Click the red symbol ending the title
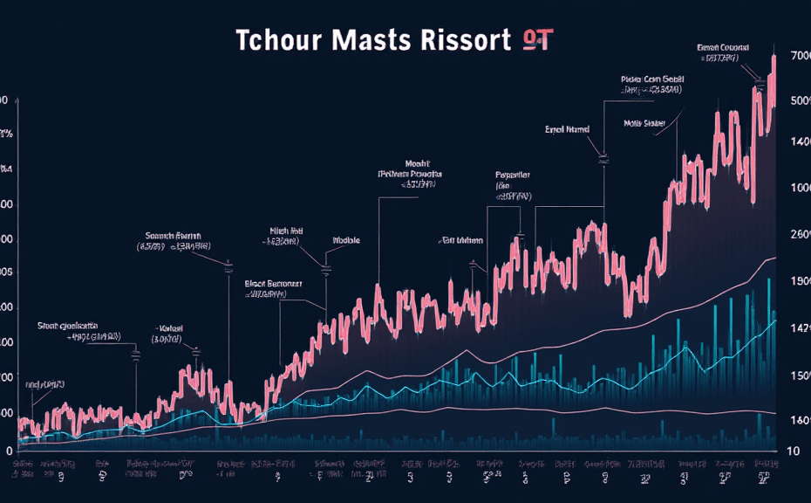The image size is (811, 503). (x=535, y=39)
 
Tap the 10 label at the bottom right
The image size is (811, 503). (x=794, y=451)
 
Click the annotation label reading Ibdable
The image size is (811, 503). (x=347, y=240)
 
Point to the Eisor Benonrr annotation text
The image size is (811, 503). (x=272, y=284)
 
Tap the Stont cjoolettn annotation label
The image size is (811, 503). (x=67, y=325)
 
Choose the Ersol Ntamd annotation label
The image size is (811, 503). (x=567, y=129)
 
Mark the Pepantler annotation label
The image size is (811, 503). (x=513, y=174)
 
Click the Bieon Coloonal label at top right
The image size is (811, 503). (x=723, y=46)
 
